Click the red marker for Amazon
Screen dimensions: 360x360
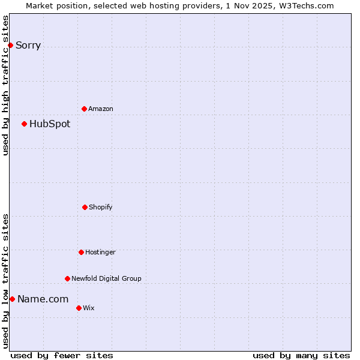point(84,109)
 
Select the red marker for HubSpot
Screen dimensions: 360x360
point(24,124)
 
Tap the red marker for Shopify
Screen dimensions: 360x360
point(85,207)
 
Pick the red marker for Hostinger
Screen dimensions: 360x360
point(81,252)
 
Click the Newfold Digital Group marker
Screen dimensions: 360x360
point(67,278)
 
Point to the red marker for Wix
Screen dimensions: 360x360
point(79,308)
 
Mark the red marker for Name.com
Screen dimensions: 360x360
point(12,299)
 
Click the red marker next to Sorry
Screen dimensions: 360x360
point(10,45)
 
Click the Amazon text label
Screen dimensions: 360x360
point(101,109)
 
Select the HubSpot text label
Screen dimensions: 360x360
point(50,124)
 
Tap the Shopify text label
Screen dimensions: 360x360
point(101,207)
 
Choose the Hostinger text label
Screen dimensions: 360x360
point(100,252)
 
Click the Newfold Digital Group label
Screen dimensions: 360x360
point(106,278)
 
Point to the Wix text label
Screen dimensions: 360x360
point(89,308)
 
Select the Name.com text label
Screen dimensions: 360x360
point(43,299)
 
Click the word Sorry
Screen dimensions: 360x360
point(28,45)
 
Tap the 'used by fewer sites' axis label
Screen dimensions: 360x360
point(62,355)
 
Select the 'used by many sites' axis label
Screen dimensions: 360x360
point(301,355)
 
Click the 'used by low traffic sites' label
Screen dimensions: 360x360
point(5,281)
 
